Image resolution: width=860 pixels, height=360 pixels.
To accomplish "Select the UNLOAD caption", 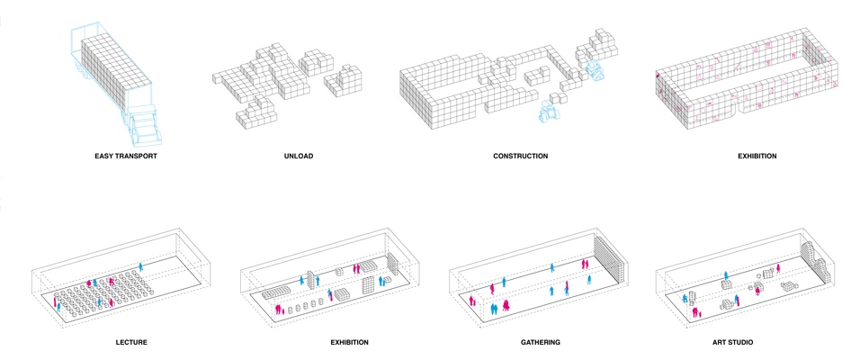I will tap(298, 157).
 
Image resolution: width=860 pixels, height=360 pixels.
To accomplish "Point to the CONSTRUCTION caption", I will tap(520, 157).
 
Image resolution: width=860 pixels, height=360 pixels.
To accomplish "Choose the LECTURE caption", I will tap(131, 342).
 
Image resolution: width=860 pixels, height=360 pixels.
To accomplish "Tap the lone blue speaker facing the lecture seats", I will tap(141, 265).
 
